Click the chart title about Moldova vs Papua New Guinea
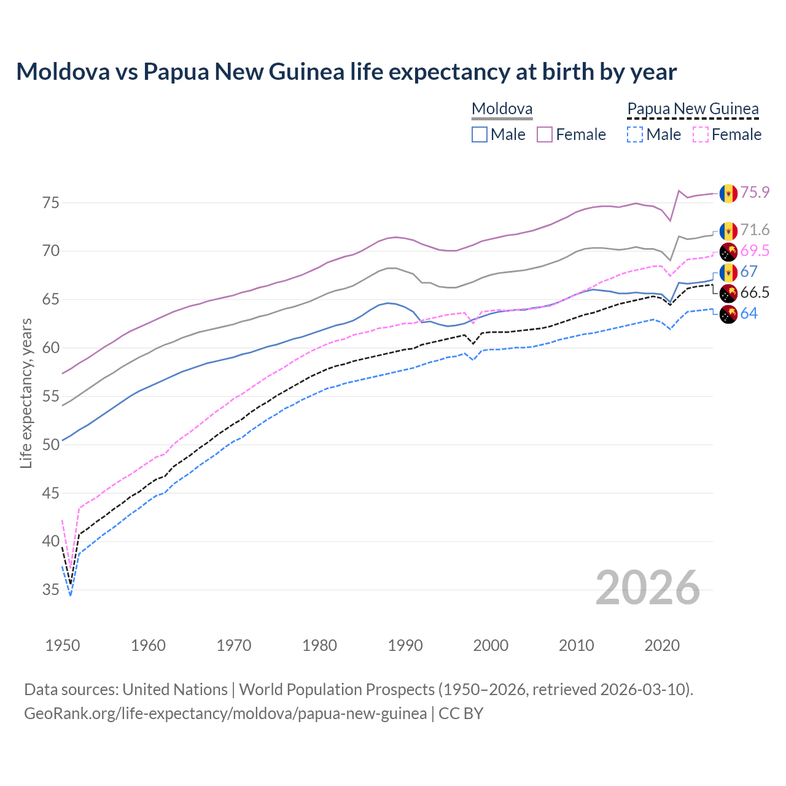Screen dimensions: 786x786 (x=346, y=72)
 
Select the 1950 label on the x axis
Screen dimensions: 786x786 (x=63, y=645)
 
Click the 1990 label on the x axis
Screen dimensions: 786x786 (x=405, y=645)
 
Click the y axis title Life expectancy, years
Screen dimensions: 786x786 (x=26, y=393)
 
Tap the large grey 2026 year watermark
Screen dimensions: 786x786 (x=648, y=588)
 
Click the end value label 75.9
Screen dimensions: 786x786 (x=755, y=192)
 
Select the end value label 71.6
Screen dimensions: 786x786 (x=755, y=230)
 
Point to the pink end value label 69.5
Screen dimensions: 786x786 (x=755, y=251)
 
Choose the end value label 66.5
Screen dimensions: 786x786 (x=755, y=292)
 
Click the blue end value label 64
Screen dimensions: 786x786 (x=749, y=313)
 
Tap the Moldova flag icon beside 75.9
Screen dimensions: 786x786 (x=728, y=193)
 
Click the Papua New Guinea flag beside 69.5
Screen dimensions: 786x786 (x=728, y=251)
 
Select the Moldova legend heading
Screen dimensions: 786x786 (x=502, y=109)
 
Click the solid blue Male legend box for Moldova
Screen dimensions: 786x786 (x=480, y=134)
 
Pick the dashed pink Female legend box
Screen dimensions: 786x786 (x=701, y=134)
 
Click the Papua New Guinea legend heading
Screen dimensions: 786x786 (x=693, y=109)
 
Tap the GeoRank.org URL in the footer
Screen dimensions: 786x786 (x=225, y=714)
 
